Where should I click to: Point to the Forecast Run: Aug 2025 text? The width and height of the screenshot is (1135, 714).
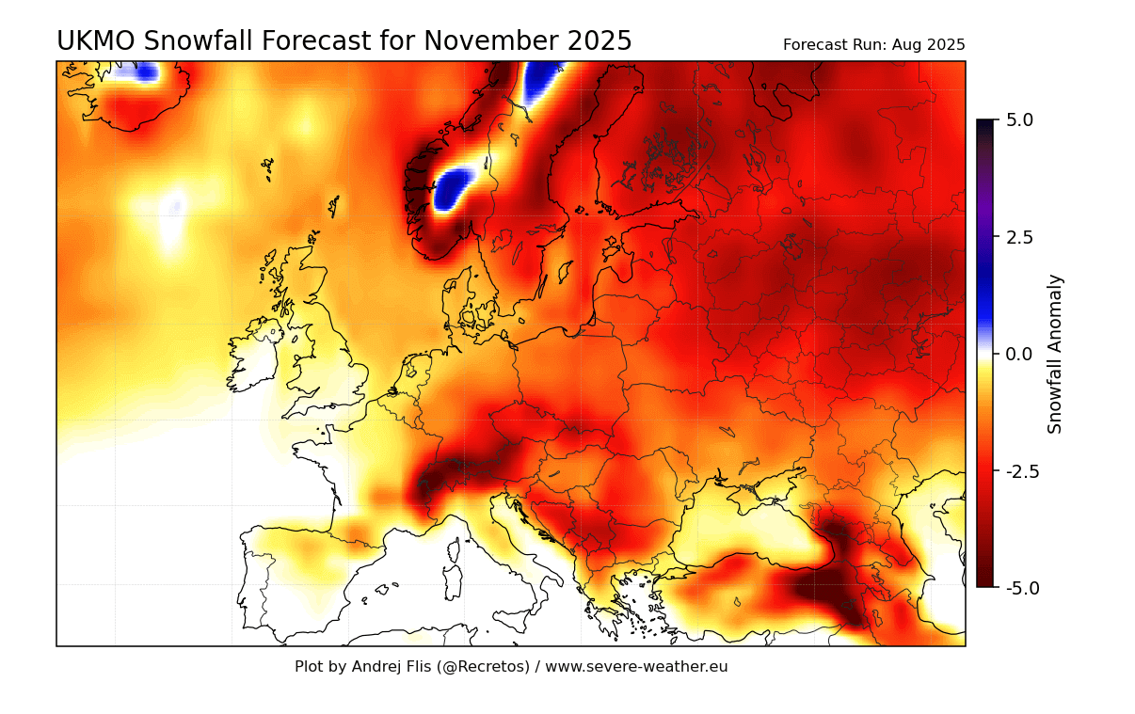(873, 45)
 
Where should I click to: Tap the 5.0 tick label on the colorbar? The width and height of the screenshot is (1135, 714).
(1019, 120)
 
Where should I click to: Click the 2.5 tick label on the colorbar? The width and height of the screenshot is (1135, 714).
(1019, 237)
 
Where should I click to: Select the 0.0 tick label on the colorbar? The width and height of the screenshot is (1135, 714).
(1019, 354)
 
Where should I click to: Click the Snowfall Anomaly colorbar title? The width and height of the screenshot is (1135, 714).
(1055, 354)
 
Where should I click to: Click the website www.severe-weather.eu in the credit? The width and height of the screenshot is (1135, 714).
(636, 667)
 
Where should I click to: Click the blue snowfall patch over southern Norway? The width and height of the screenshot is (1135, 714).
(456, 187)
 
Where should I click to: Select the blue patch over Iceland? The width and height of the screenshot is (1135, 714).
(146, 72)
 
